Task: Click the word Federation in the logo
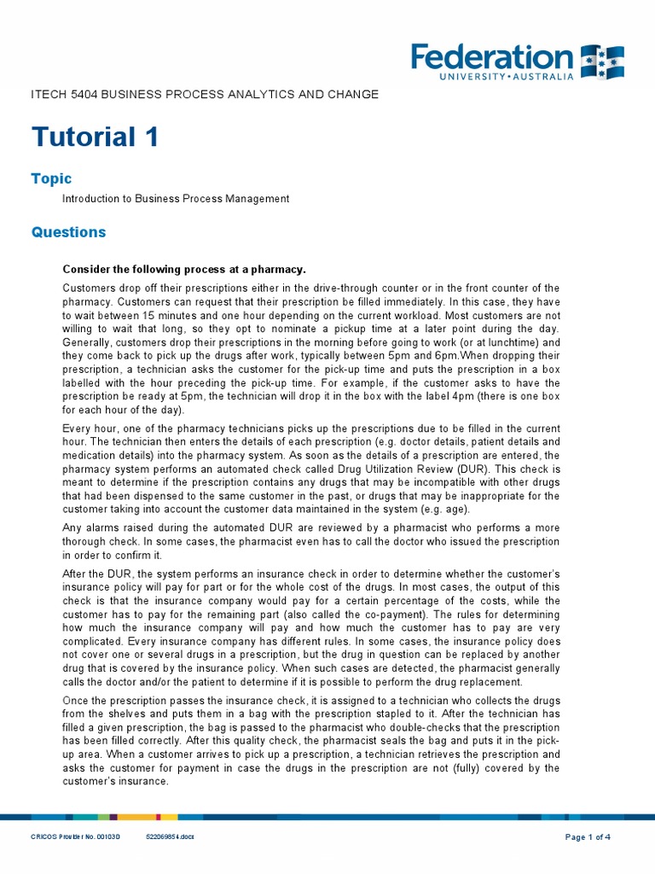point(492,57)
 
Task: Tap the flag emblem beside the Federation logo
point(602,62)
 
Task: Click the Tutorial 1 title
point(95,137)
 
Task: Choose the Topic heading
point(51,178)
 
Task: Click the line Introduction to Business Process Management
point(175,199)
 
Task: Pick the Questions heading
point(68,232)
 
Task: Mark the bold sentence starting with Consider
point(183,269)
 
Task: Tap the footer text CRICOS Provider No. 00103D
point(76,837)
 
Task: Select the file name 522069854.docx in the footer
point(171,837)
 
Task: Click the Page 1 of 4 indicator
point(588,837)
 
